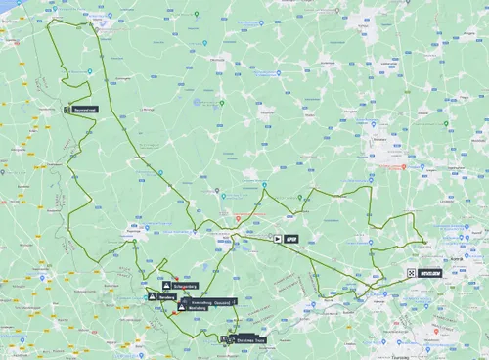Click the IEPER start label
pos(290,237)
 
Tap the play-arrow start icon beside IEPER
pos(278,237)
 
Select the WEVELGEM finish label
pos(429,274)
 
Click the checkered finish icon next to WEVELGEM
pos(412,274)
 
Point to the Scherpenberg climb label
pos(185,286)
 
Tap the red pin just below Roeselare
pos(403,166)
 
